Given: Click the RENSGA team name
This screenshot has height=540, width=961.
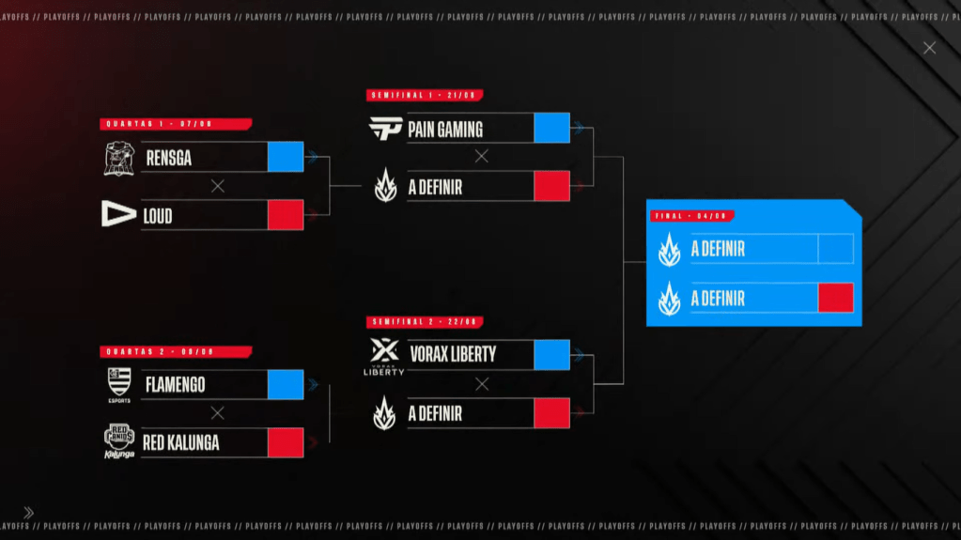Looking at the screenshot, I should (x=169, y=159).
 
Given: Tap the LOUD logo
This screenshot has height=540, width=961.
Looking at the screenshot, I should (x=118, y=215).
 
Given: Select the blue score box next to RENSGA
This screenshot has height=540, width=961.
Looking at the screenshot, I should (x=286, y=157).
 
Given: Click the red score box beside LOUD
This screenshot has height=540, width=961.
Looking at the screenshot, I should (x=286, y=215).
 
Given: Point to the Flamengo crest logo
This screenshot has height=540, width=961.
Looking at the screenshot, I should (x=119, y=384).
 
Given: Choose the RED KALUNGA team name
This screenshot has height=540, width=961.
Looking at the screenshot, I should (x=180, y=442).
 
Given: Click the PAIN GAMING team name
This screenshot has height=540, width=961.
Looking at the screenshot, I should (x=445, y=130).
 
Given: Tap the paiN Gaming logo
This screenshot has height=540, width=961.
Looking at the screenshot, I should (x=385, y=129).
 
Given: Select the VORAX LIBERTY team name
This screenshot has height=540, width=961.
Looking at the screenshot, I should (x=453, y=354).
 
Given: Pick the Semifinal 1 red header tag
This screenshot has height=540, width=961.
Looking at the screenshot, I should (x=426, y=96).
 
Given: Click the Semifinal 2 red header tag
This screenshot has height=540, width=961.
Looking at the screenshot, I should (x=426, y=322).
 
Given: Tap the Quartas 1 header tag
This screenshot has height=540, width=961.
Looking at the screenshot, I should (x=176, y=124).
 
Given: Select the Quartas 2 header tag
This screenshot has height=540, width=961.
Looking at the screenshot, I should (x=176, y=352).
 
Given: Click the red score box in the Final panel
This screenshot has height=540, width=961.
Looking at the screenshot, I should (x=836, y=298).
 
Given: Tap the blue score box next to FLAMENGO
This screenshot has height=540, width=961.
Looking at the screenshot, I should (x=286, y=384).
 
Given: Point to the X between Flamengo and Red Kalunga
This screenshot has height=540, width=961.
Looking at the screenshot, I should (x=218, y=413).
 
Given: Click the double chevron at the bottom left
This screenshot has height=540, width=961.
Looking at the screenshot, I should (x=28, y=513).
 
